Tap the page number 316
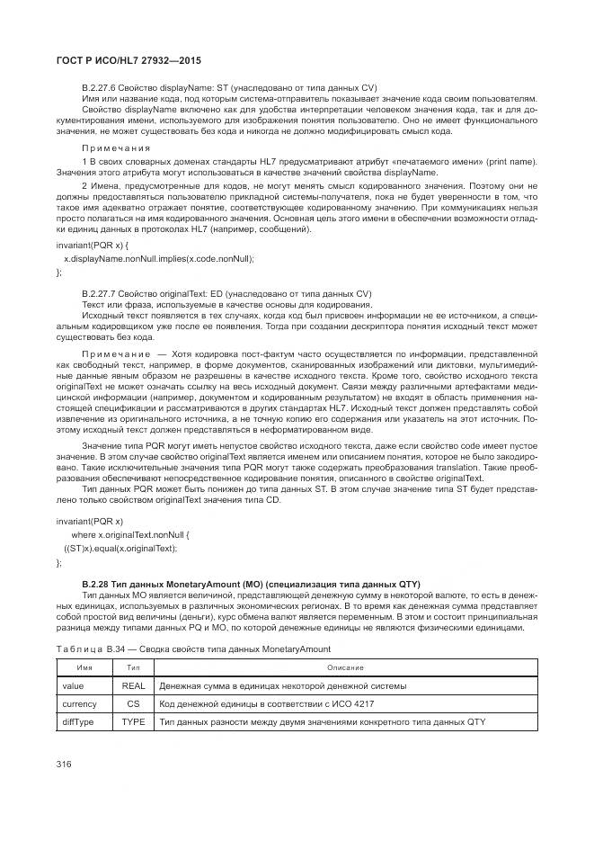(63, 764)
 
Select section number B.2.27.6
(99, 87)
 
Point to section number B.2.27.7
(99, 293)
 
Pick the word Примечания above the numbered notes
(116, 148)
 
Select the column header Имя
(84, 667)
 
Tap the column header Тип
(133, 667)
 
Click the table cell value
(73, 685)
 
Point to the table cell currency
(79, 703)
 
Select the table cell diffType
(78, 721)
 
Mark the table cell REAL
(133, 685)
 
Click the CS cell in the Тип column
(133, 703)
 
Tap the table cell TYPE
(133, 721)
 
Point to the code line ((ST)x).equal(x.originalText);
(120, 548)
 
